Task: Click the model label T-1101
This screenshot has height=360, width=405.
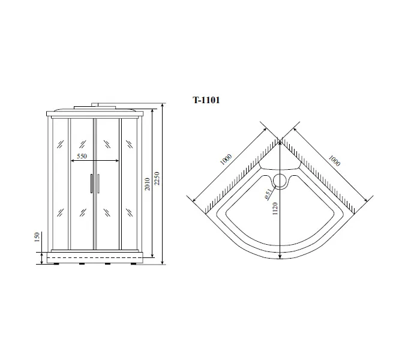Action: [206, 101]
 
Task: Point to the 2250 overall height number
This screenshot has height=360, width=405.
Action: [157, 180]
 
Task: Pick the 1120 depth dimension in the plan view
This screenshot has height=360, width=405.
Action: [275, 206]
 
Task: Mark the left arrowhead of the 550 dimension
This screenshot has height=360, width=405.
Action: [71, 160]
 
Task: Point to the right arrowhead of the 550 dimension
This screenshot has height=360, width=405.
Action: [118, 160]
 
